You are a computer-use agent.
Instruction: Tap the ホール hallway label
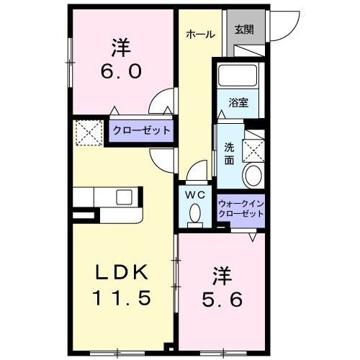coord(199,34)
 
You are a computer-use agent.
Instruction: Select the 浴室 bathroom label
coord(239,102)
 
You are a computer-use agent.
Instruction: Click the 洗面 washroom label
coord(229,153)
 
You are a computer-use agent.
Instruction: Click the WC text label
coord(195,194)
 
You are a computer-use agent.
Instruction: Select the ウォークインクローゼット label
coord(241,208)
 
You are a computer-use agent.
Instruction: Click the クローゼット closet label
coord(141,130)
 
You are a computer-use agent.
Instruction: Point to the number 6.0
coord(120,71)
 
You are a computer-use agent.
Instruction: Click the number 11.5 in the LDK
coord(120,297)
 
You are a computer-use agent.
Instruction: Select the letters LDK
coord(120,272)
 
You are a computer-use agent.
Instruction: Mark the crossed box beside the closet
coord(89,132)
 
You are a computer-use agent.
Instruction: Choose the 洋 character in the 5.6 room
coord(220,274)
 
